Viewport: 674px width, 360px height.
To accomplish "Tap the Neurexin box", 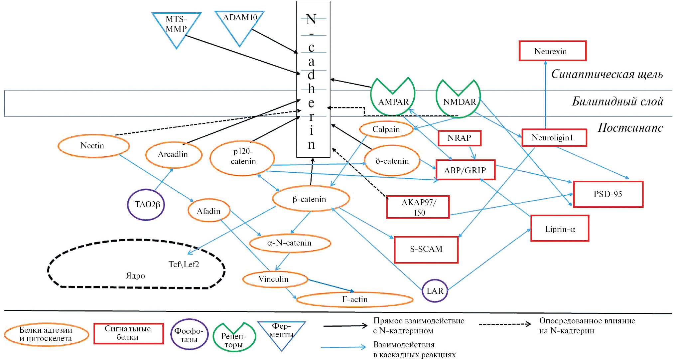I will [x=552, y=51].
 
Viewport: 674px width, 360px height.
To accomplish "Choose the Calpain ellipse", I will [x=386, y=129].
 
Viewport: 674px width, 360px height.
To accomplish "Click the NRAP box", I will [x=459, y=138].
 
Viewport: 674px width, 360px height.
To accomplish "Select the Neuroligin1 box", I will [x=554, y=138].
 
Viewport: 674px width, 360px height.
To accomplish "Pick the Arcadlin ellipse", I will [x=174, y=154].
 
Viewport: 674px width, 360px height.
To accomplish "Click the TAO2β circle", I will [x=146, y=205].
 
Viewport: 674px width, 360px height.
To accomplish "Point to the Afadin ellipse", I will [x=209, y=211].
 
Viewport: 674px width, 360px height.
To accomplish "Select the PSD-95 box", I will [x=608, y=194].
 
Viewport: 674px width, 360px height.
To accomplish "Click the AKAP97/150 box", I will [x=418, y=207].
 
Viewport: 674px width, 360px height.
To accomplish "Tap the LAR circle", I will [x=435, y=291].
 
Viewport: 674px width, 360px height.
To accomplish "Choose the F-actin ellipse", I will [x=354, y=299].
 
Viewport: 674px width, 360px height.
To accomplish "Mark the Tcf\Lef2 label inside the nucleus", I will [x=184, y=265].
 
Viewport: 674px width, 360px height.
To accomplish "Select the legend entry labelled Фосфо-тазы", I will [x=189, y=335].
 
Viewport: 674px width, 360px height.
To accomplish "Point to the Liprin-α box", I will [x=560, y=229].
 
